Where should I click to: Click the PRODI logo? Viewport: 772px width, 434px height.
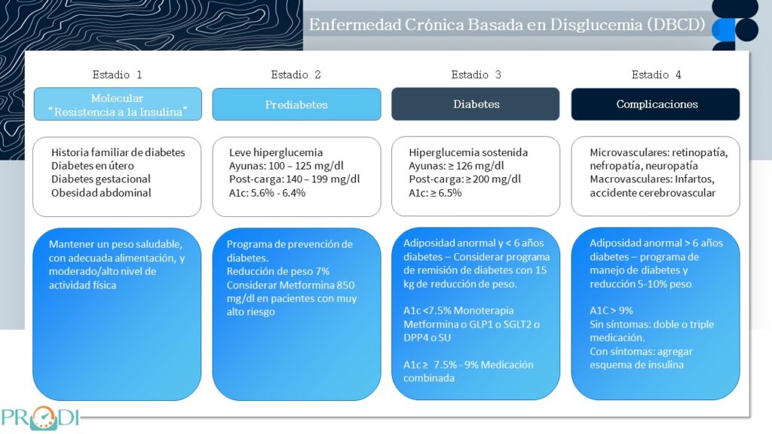pos(41,417)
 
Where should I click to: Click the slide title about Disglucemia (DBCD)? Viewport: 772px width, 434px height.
pos(507,25)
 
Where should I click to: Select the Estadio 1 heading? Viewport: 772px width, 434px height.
pos(117,75)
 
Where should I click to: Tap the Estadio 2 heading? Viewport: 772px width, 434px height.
pos(296,75)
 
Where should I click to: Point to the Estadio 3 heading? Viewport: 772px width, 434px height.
pos(476,75)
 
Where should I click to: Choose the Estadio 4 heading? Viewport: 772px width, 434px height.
pos(657,75)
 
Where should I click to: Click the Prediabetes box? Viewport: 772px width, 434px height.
pos(296,104)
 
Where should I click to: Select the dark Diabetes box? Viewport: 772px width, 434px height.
pos(476,104)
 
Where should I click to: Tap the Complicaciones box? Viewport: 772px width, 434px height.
pos(655,104)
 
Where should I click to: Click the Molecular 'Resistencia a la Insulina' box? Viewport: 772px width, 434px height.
pos(118,104)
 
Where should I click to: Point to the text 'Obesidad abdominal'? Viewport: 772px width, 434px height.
pos(101,193)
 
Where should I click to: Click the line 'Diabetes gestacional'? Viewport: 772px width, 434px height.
pos(100,179)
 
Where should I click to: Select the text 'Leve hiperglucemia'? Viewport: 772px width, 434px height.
pos(276,152)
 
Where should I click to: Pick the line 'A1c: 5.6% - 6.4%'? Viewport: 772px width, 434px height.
pos(267,193)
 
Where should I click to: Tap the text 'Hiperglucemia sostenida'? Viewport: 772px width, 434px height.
pos(467,152)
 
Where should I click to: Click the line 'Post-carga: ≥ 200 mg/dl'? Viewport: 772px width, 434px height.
pos(464,179)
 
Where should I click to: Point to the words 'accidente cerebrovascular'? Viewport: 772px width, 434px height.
pos(652,193)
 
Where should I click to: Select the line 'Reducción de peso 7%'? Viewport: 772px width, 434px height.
pos(277,271)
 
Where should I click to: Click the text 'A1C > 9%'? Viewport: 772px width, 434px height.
pos(611,310)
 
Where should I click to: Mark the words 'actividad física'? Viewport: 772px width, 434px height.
pos(82,285)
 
